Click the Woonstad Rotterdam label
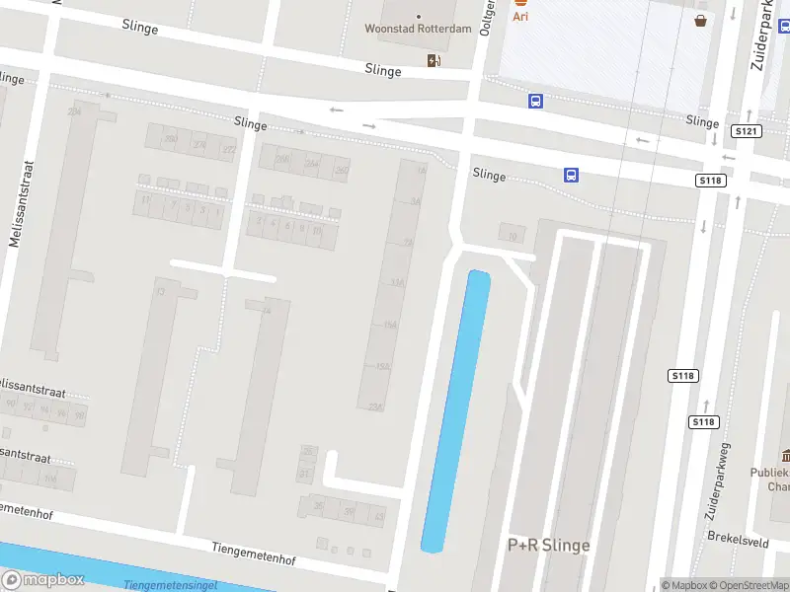[x=419, y=29]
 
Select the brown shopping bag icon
[x=700, y=20]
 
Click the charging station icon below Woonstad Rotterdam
[x=434, y=61]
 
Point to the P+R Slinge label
[x=549, y=545]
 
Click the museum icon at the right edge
[x=786, y=455]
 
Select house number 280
[x=171, y=139]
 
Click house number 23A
[x=374, y=407]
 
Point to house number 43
[x=378, y=514]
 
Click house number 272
[x=228, y=149]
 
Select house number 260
[x=342, y=170]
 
